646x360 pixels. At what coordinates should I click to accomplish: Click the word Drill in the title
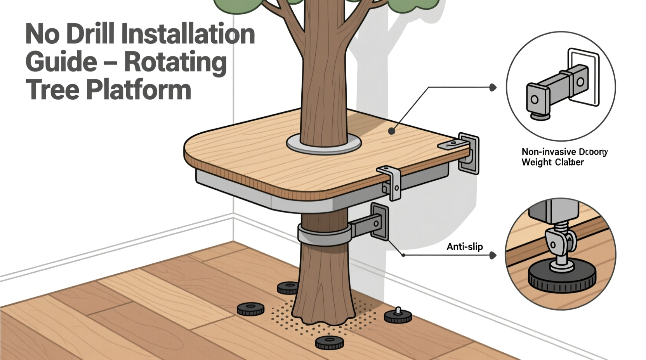[x=90, y=34]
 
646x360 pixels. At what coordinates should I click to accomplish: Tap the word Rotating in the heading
[x=176, y=62]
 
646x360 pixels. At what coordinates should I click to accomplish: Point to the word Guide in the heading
[x=61, y=62]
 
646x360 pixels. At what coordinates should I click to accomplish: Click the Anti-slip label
[x=465, y=247]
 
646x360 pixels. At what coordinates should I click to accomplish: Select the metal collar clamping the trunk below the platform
[x=324, y=235]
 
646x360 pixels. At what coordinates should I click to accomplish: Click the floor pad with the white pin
[x=398, y=317]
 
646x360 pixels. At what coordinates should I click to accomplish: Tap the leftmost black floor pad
[x=251, y=309]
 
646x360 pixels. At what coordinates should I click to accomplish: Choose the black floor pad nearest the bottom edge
[x=329, y=342]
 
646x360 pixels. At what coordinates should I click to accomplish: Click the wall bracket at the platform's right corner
[x=468, y=152]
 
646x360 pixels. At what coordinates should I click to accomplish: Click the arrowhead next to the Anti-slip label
[x=493, y=255]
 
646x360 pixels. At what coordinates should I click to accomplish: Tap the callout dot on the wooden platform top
[x=392, y=132]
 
